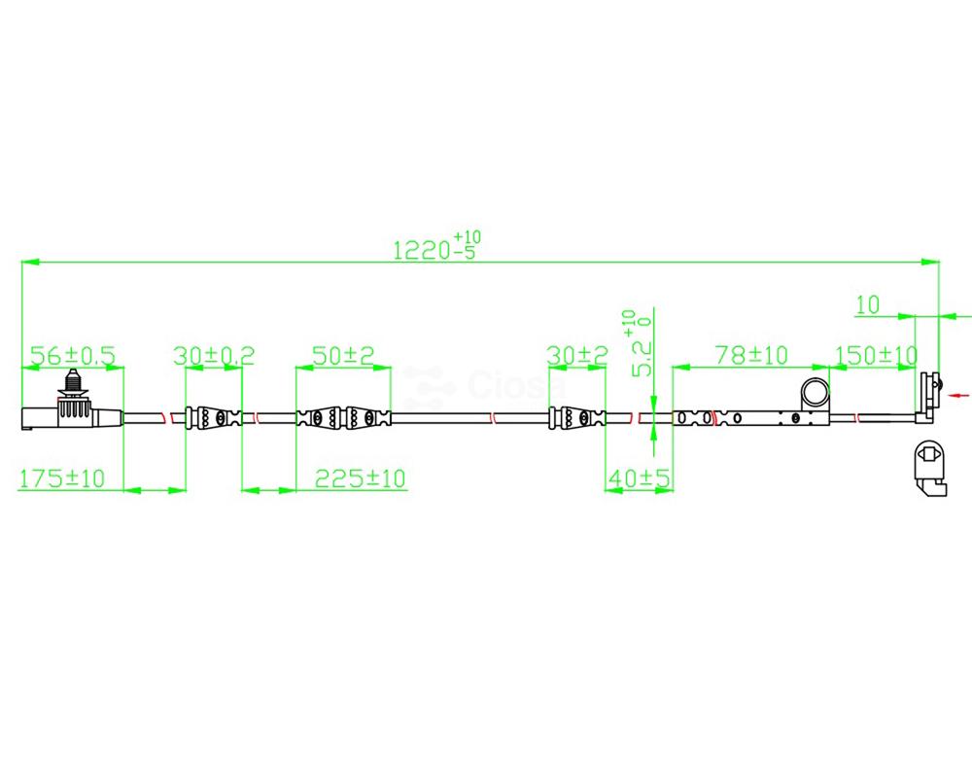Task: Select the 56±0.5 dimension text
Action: [x=73, y=356]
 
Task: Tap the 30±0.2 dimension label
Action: [x=214, y=356]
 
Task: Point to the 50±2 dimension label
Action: [x=343, y=356]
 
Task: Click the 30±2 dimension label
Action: [x=577, y=356]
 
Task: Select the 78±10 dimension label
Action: [x=751, y=356]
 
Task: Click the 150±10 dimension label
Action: [x=876, y=356]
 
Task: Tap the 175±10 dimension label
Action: [x=62, y=478]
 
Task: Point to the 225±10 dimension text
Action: [x=361, y=478]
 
